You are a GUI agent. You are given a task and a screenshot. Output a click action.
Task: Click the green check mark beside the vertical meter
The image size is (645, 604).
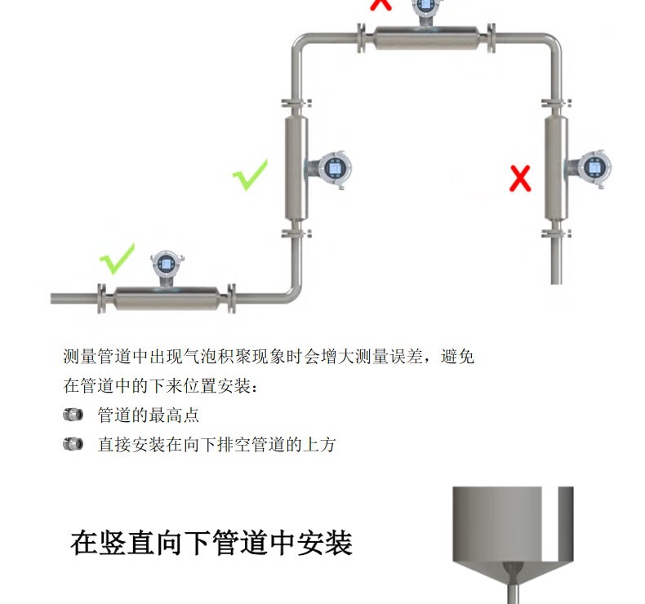(x=250, y=175)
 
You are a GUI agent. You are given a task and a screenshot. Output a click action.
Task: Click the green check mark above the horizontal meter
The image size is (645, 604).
(x=117, y=258)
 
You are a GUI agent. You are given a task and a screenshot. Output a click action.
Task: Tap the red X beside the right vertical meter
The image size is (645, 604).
(x=520, y=177)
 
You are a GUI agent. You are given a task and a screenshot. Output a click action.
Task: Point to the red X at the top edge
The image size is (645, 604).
(x=380, y=4)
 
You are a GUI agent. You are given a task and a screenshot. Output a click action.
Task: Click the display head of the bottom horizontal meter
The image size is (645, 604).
(x=162, y=265)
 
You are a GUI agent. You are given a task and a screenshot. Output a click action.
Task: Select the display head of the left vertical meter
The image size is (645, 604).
(x=334, y=168)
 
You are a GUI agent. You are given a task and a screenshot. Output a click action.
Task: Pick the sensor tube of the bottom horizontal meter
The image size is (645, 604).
(x=167, y=298)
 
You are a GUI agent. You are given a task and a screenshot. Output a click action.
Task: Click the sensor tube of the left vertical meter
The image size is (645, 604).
(x=296, y=167)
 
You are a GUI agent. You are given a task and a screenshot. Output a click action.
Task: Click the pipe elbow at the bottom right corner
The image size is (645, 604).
(x=289, y=292)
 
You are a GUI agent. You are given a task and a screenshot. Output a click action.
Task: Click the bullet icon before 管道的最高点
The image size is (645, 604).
(x=73, y=415)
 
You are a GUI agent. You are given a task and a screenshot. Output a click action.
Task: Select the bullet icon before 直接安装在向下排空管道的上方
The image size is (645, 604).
(x=73, y=444)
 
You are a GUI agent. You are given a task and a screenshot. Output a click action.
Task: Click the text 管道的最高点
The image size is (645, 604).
(x=148, y=415)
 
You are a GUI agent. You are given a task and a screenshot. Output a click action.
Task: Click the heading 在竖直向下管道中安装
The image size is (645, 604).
(x=211, y=543)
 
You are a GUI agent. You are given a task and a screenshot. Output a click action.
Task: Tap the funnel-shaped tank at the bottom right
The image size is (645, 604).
(x=513, y=531)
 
